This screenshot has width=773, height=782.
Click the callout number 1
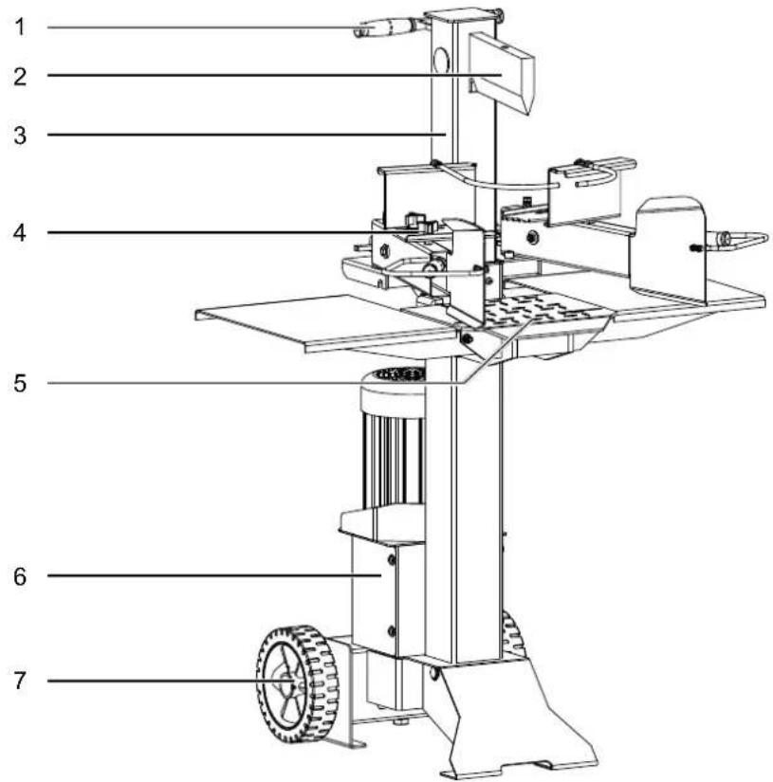[x=20, y=27]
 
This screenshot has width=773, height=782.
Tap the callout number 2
[x=20, y=77]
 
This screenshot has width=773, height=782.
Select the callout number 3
[x=20, y=136]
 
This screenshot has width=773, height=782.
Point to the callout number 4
[x=20, y=233]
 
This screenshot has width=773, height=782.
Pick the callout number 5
[x=20, y=384]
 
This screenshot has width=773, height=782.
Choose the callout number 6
[x=20, y=576]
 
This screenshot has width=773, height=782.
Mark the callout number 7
[x=20, y=681]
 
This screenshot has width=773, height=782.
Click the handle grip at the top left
[x=387, y=27]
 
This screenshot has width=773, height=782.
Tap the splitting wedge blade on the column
[x=502, y=72]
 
